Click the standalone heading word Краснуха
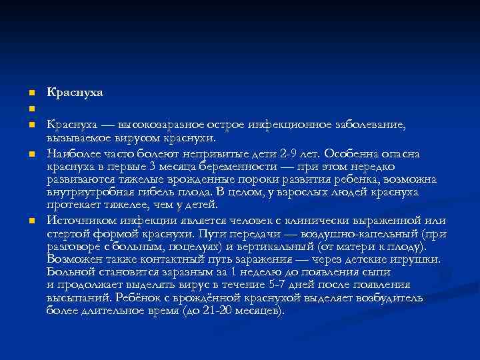click(75, 91)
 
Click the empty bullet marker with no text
click(31, 108)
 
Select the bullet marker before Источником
click(31, 221)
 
